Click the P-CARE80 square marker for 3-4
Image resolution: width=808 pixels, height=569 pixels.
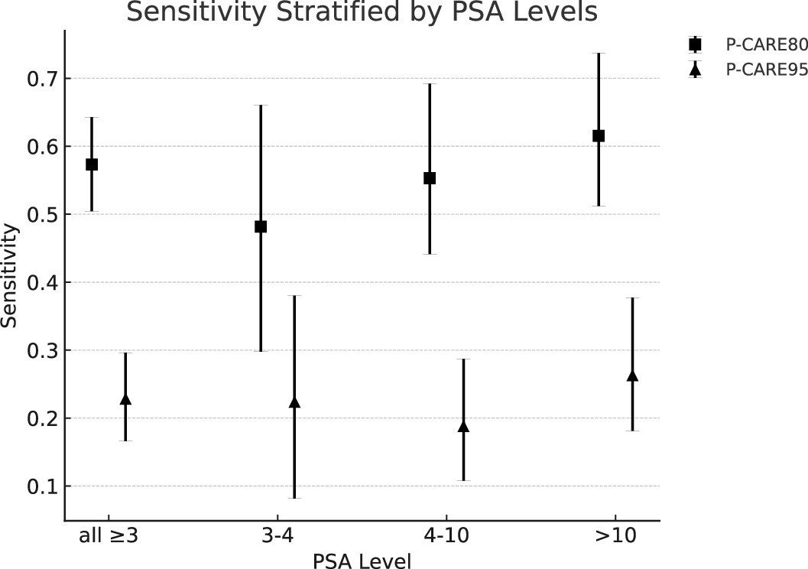click(261, 226)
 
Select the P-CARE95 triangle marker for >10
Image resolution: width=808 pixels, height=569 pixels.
click(632, 376)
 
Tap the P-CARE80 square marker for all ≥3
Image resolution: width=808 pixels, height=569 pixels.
click(92, 164)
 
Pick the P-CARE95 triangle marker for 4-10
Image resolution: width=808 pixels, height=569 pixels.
click(463, 427)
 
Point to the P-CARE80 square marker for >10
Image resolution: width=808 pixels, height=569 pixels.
click(599, 136)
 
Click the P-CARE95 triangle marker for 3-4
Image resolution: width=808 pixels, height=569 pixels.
click(294, 402)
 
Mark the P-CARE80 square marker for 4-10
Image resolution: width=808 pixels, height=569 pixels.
click(430, 178)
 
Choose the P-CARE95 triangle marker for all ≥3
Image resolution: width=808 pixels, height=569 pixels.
click(125, 399)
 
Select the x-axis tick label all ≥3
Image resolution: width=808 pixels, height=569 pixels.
click(109, 535)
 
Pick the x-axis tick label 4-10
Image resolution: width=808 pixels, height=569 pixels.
click(446, 535)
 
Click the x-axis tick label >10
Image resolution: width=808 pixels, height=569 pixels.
click(615, 535)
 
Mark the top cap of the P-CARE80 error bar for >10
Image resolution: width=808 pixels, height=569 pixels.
click(599, 54)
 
